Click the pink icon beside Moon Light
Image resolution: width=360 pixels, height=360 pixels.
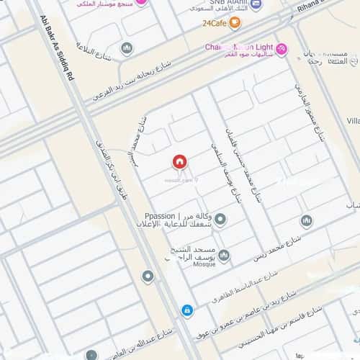click(x=281, y=49)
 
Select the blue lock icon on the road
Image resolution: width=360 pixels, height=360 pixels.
click(x=187, y=310)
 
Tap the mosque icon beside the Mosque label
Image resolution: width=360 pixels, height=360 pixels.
click(x=224, y=256)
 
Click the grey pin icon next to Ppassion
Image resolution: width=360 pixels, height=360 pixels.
click(x=220, y=220)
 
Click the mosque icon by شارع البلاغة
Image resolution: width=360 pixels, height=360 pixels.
click(x=127, y=48)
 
